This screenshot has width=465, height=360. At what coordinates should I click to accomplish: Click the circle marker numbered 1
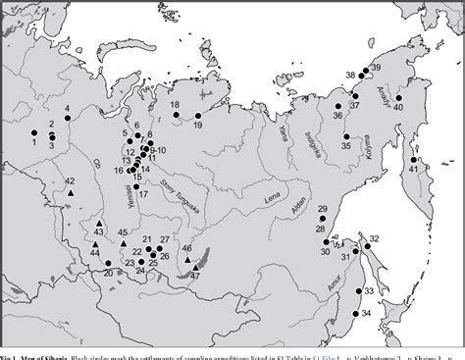pos(33,132)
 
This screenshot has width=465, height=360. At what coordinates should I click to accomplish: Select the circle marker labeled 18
pos(176,114)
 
